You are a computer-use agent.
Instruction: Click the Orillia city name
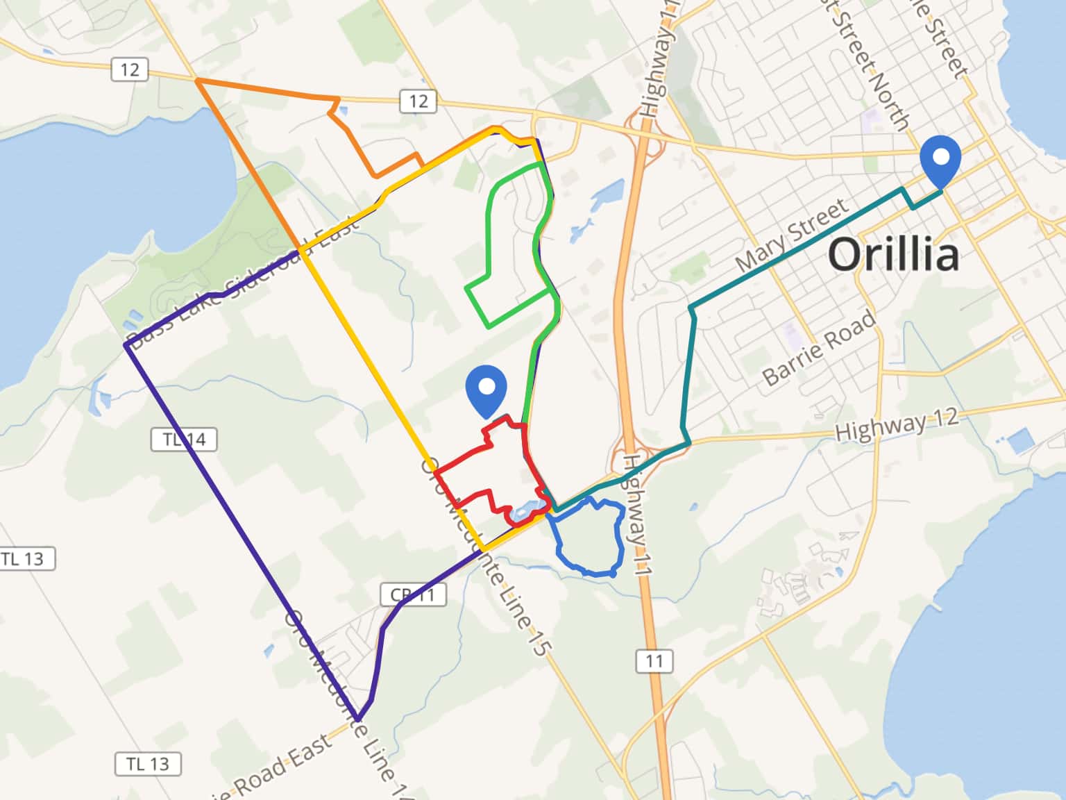click(894, 254)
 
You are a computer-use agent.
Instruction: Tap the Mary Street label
click(792, 235)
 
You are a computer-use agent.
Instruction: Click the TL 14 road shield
click(184, 440)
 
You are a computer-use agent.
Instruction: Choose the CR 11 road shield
click(413, 594)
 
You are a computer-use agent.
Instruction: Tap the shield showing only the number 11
click(654, 660)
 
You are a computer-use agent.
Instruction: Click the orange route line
click(264, 90)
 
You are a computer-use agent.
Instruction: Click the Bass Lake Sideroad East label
click(243, 285)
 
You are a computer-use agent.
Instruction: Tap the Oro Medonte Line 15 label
click(486, 556)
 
